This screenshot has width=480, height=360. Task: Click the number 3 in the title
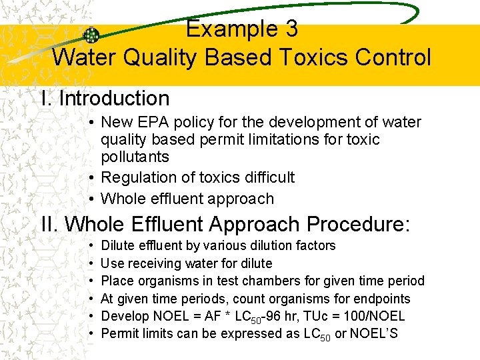coord(291,29)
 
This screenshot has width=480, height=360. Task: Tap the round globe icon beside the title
coord(91,36)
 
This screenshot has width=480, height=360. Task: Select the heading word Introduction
coord(114,99)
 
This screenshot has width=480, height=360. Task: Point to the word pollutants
coord(135,157)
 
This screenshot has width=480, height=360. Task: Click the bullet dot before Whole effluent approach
coord(91,199)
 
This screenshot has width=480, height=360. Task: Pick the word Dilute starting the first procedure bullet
coord(117,246)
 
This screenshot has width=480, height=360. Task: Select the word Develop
coord(123,317)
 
